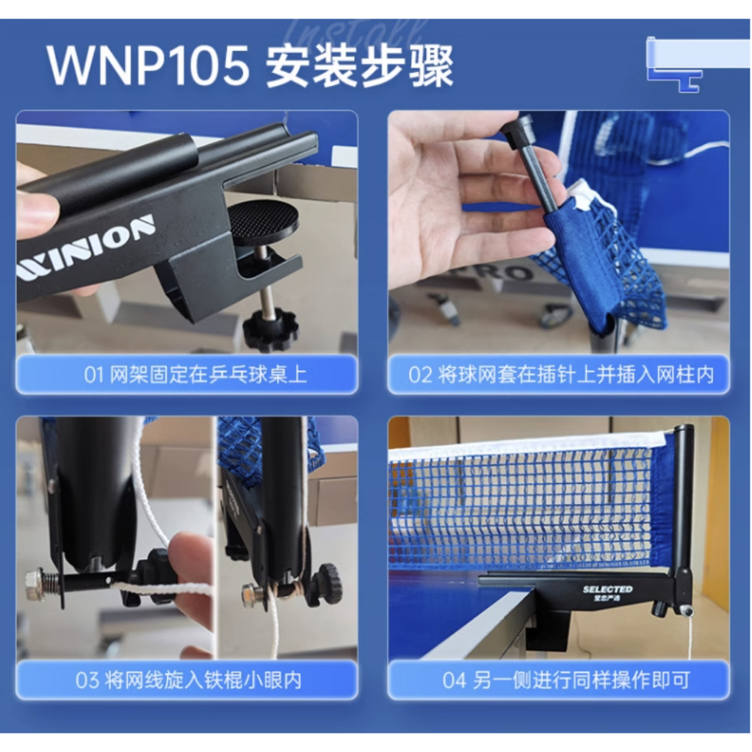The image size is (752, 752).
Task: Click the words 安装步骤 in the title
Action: tap(359, 67)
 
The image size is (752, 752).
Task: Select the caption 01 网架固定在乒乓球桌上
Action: tap(187, 375)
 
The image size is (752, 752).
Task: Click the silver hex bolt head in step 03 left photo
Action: tap(34, 585)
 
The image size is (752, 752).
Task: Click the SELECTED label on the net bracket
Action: tap(607, 590)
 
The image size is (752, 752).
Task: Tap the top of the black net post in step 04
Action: tap(684, 430)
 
